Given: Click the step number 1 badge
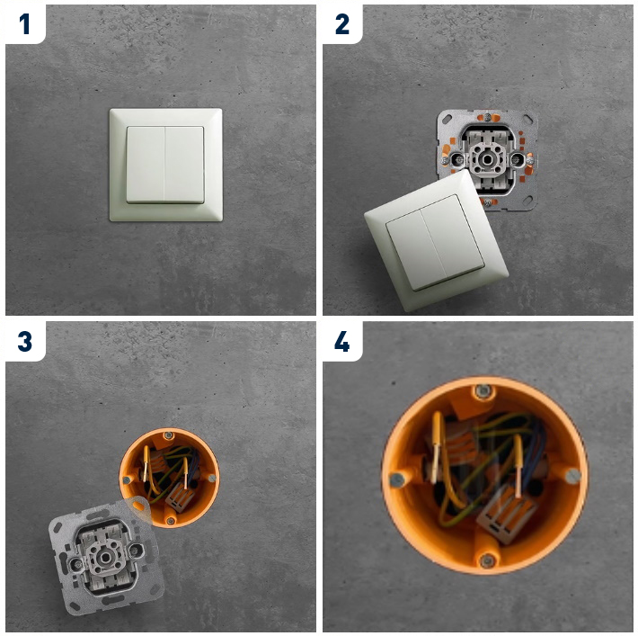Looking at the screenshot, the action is [x=25, y=24].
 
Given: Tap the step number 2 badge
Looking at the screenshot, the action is [x=342, y=24].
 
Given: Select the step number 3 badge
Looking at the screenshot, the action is [x=25, y=341].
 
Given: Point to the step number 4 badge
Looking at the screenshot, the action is [x=341, y=341].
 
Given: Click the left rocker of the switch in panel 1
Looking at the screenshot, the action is [x=146, y=165].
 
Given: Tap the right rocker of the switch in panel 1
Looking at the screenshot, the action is [x=184, y=165].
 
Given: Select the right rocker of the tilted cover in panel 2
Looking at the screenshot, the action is [x=452, y=237].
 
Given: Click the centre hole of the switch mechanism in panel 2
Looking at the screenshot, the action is [x=487, y=159].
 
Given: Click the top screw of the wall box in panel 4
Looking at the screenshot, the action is [x=483, y=391].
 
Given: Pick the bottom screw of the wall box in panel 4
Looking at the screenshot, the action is [x=487, y=560].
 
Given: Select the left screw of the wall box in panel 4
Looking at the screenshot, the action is [x=396, y=480].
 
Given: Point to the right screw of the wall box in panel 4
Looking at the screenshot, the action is [x=573, y=475].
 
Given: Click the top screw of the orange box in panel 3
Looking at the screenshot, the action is [x=168, y=436].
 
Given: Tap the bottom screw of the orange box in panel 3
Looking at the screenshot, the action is [x=171, y=521].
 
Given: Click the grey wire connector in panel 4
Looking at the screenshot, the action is [x=503, y=515].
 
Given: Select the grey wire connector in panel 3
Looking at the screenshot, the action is [x=179, y=497].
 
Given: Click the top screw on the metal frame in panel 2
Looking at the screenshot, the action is [x=487, y=117].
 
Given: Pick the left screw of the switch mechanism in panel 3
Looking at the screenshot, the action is [x=75, y=565].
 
